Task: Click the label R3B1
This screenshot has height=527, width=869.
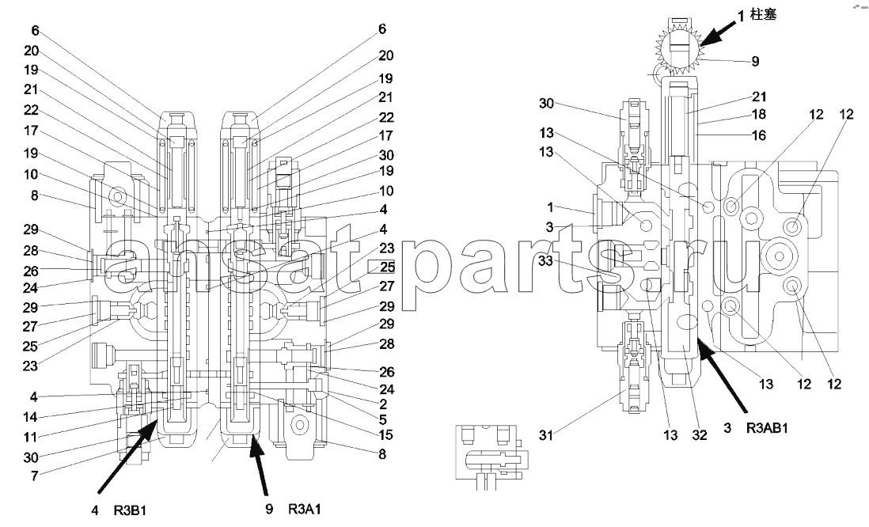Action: point(130,510)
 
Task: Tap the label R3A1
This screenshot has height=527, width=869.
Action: point(304,509)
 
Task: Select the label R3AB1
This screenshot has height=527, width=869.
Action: point(767,428)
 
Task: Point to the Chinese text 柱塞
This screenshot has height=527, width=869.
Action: point(763,14)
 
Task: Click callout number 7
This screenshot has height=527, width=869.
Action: point(34,476)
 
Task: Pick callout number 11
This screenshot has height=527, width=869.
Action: point(30,437)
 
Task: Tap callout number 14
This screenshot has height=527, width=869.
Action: point(30,417)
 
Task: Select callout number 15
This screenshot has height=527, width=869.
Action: point(385,435)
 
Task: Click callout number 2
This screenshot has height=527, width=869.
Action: point(384,404)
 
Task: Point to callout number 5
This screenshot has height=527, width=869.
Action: point(384,419)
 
